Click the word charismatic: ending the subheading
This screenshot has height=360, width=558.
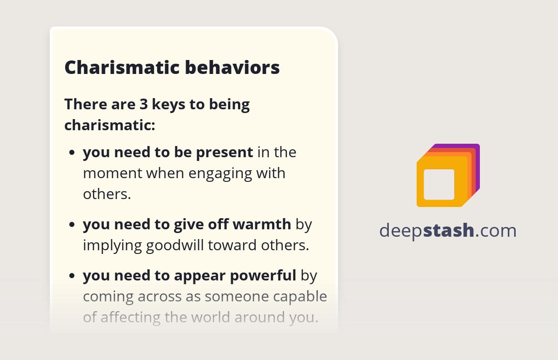[x=110, y=125]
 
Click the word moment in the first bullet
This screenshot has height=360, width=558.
[x=113, y=173]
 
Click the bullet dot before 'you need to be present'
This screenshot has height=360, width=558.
[x=72, y=153]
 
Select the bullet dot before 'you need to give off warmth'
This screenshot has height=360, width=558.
[x=72, y=225]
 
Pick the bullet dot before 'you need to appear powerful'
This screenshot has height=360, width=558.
[x=72, y=276]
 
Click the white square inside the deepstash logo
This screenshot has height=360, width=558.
[x=439, y=184]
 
